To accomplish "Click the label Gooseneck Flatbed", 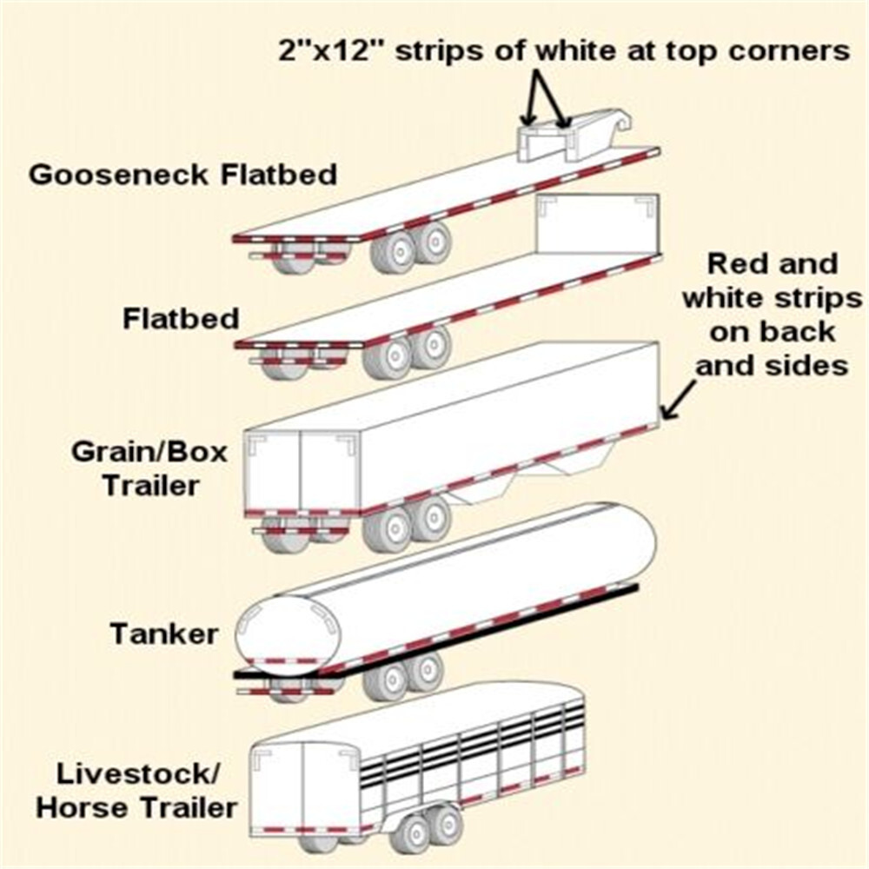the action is pyautogui.click(x=182, y=175).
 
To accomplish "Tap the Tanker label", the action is pyautogui.click(x=163, y=634).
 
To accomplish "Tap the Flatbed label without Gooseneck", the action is pyautogui.click(x=181, y=319).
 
